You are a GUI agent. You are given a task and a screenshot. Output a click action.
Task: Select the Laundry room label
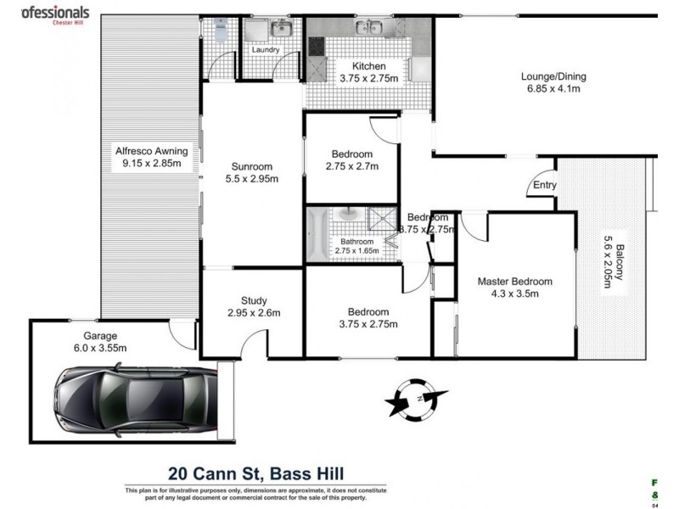(267, 50)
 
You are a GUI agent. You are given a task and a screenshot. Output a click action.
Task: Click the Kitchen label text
(362, 66)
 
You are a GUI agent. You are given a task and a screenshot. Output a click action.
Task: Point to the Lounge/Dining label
(553, 76)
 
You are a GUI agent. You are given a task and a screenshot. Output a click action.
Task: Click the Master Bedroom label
(514, 282)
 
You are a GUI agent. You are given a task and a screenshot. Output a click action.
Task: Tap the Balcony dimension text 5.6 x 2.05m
(608, 260)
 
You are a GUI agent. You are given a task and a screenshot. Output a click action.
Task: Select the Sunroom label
(252, 166)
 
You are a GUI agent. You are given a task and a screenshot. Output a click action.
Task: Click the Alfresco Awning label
(151, 152)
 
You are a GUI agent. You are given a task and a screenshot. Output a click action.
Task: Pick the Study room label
(254, 300)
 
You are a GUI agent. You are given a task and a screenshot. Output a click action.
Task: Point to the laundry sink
(280, 31)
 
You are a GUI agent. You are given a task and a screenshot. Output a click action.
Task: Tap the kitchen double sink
(371, 30)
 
